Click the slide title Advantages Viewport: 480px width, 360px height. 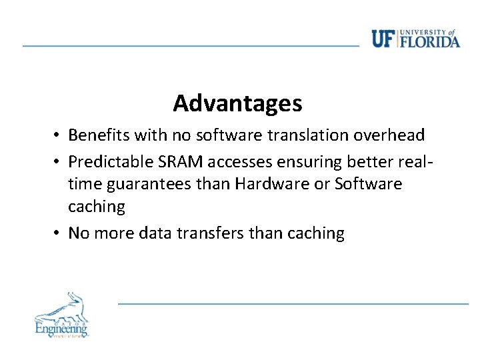click(x=237, y=103)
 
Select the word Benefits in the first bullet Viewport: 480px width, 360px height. click(x=98, y=135)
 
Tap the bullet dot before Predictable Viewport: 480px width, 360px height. click(x=59, y=160)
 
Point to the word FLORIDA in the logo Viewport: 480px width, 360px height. click(x=430, y=41)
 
